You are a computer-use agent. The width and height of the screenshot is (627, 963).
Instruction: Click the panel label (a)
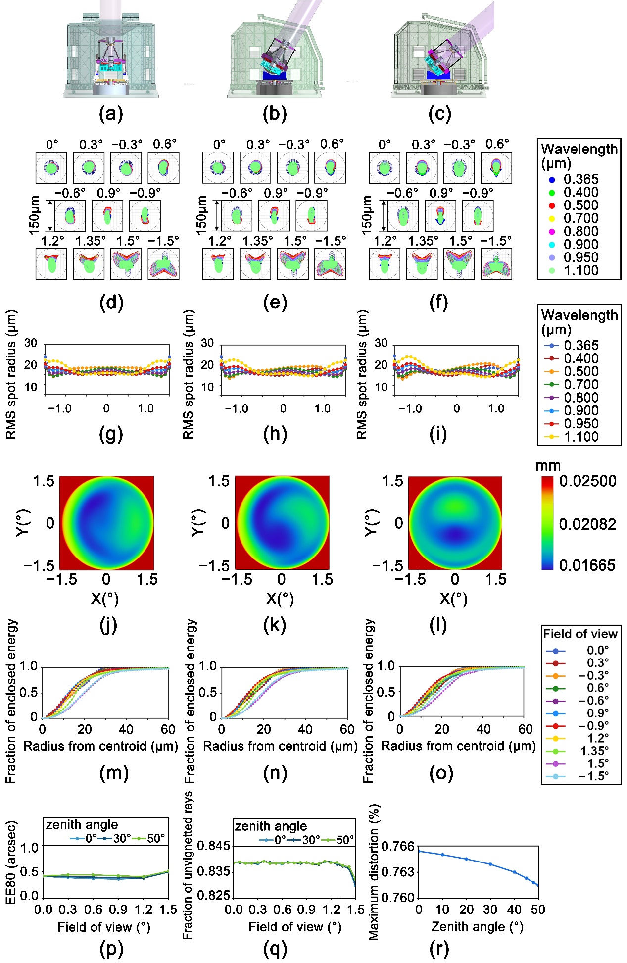click(x=110, y=114)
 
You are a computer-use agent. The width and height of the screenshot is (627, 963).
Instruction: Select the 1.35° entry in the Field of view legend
click(x=594, y=751)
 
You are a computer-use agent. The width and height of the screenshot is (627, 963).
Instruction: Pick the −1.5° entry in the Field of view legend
click(x=593, y=776)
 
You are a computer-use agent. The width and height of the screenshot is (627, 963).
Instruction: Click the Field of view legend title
click(x=580, y=634)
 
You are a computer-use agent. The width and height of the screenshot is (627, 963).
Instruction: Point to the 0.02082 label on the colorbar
click(x=587, y=524)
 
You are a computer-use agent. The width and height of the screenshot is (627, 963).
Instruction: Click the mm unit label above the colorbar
click(x=548, y=466)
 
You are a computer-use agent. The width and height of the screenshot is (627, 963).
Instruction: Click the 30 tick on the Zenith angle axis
click(x=490, y=910)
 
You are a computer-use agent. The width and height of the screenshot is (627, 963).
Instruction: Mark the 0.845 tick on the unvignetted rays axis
click(x=214, y=846)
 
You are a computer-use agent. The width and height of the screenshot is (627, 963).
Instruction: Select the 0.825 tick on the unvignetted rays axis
click(x=214, y=895)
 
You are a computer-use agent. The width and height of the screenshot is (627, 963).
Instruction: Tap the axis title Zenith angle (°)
click(x=477, y=927)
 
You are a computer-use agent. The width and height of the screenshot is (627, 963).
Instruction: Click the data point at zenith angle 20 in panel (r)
click(x=466, y=859)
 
